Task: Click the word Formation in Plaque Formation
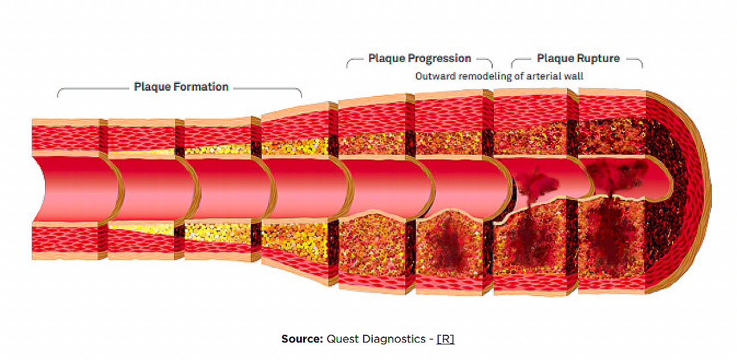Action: pyautogui.click(x=201, y=87)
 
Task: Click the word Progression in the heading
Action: pyautogui.click(x=439, y=59)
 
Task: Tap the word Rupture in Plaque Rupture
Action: pyautogui.click(x=598, y=59)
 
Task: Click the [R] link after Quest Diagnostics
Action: pyautogui.click(x=445, y=339)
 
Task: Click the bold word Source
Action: pyautogui.click(x=302, y=339)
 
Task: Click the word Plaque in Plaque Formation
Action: pyautogui.click(x=152, y=87)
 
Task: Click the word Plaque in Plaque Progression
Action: pyautogui.click(x=387, y=59)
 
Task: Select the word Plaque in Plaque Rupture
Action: pyautogui.click(x=556, y=59)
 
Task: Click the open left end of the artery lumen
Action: pyautogui.click(x=48, y=188)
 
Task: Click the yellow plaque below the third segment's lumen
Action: pyautogui.click(x=216, y=231)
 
